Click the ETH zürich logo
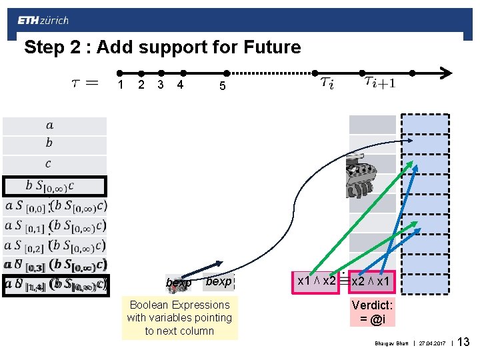(43, 21)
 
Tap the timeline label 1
(120, 85)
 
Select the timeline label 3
(161, 85)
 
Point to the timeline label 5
(223, 86)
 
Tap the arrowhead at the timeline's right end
(448, 73)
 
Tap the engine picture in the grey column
(364, 176)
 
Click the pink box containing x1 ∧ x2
(317, 281)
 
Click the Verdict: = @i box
(373, 311)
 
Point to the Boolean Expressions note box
(179, 318)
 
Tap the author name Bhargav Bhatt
(391, 344)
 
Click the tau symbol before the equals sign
(75, 83)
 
